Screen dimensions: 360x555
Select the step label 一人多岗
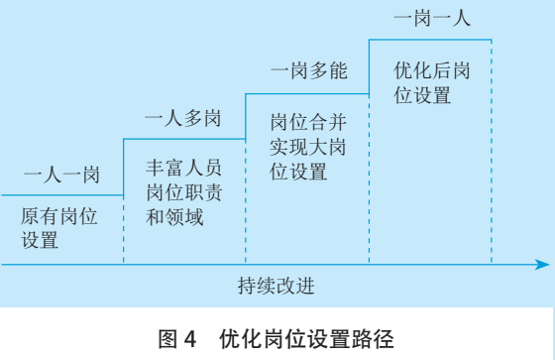[181, 121]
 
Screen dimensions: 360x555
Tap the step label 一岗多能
[308, 71]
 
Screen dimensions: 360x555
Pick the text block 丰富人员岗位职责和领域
[184, 192]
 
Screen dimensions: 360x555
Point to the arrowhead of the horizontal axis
[543, 265]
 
